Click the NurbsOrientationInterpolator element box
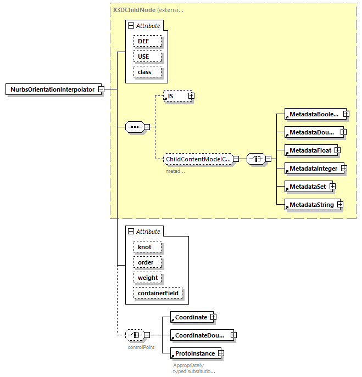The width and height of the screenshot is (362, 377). [x=53, y=89]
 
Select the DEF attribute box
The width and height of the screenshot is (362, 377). [x=147, y=41]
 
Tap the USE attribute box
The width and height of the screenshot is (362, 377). [x=147, y=57]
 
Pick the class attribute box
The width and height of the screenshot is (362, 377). [x=147, y=72]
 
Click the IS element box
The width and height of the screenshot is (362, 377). [x=175, y=96]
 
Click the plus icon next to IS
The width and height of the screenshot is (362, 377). [x=191, y=96]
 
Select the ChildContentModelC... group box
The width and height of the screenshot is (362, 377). [x=198, y=159]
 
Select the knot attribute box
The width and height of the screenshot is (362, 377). [x=147, y=247]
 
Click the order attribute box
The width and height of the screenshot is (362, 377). [x=147, y=262]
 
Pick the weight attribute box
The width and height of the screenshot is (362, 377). [x=147, y=278]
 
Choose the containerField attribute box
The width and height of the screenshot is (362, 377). [x=157, y=294]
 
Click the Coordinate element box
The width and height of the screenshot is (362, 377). [x=191, y=317]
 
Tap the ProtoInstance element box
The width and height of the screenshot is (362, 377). [x=194, y=353]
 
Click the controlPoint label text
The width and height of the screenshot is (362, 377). [x=141, y=347]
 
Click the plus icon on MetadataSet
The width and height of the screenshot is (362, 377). [x=332, y=187]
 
